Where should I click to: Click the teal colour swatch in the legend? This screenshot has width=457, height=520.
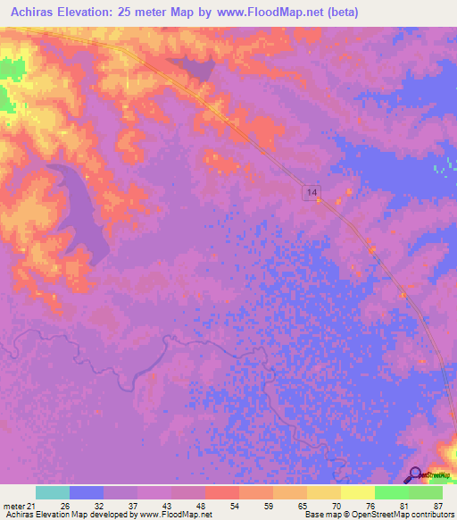point(53,492)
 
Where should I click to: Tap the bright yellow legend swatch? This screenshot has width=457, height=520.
point(358,492)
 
